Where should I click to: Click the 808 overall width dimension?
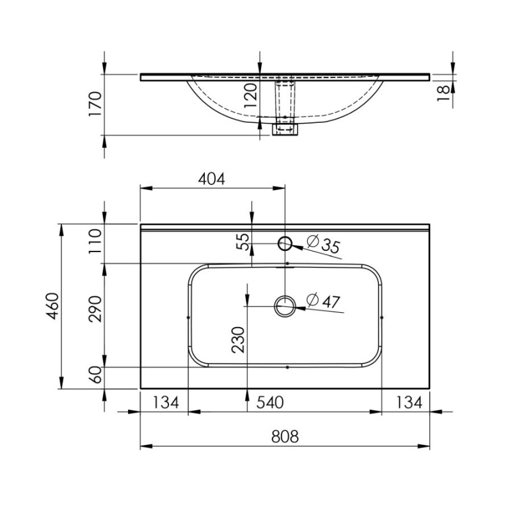tap(285, 437)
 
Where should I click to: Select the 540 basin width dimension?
tap(269, 403)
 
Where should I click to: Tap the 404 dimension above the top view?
tap(212, 179)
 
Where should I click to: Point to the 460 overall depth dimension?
tap(52, 306)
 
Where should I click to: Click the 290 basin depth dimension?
tap(95, 309)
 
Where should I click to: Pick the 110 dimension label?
tap(95, 241)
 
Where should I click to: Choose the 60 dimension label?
tap(95, 374)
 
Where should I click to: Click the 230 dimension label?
tap(238, 340)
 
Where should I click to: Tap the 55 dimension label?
tap(243, 242)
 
